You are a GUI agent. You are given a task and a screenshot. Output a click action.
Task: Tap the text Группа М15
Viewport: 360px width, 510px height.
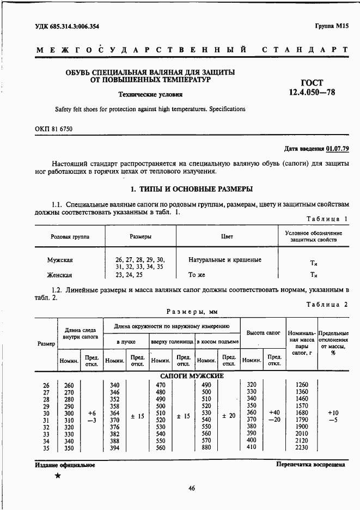[x=330, y=26]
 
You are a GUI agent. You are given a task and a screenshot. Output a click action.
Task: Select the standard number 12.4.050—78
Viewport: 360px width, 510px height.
[x=312, y=92]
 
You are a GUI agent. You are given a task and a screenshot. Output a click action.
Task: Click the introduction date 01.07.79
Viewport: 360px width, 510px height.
[x=338, y=148]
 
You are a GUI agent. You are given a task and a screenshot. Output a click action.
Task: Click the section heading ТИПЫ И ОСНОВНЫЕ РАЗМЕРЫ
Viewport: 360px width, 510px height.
[x=192, y=190]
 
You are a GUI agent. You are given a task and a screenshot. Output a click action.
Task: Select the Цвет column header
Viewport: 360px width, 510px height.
[x=227, y=237]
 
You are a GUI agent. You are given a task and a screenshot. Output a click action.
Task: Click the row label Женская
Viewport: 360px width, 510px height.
[x=59, y=275]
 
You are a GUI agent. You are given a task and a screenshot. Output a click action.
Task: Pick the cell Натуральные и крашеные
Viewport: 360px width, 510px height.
[x=225, y=260]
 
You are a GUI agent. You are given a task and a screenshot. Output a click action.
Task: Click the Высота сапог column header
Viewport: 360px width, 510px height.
[x=263, y=332]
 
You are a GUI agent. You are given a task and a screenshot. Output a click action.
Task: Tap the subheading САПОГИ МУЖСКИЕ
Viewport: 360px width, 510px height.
[x=192, y=376]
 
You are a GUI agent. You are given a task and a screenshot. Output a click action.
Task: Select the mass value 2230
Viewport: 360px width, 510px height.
[x=301, y=447]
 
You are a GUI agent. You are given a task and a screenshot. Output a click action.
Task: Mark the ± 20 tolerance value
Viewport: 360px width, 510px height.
[x=228, y=416]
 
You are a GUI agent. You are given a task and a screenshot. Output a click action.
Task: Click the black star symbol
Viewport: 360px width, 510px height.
[x=57, y=475]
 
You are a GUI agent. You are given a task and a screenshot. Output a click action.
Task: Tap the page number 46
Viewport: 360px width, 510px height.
[x=191, y=488]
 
